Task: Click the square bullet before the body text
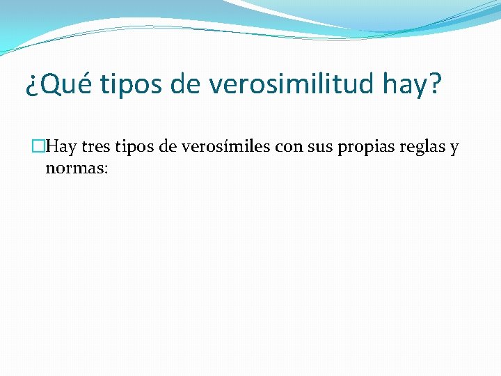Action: [39, 147]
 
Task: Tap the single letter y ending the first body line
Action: [454, 149]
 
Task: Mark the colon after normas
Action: [104, 169]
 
